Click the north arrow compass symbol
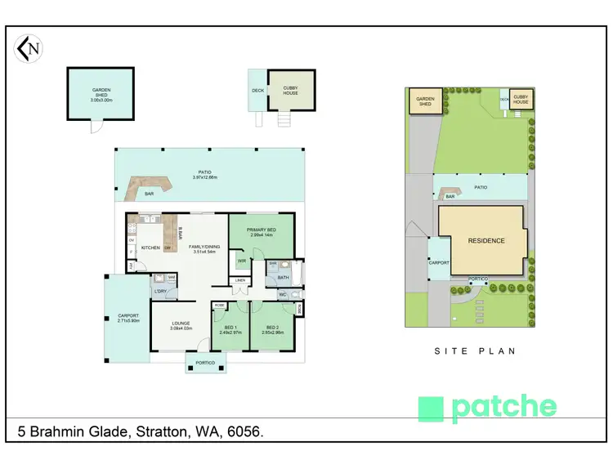(x=29, y=49)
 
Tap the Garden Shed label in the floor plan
(x=101, y=91)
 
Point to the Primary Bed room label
(x=260, y=230)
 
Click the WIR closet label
(x=242, y=261)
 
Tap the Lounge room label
(x=181, y=324)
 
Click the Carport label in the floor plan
(x=128, y=315)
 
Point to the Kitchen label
(x=150, y=248)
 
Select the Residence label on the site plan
(x=485, y=241)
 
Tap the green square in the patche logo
(x=431, y=409)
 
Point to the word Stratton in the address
(x=161, y=431)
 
